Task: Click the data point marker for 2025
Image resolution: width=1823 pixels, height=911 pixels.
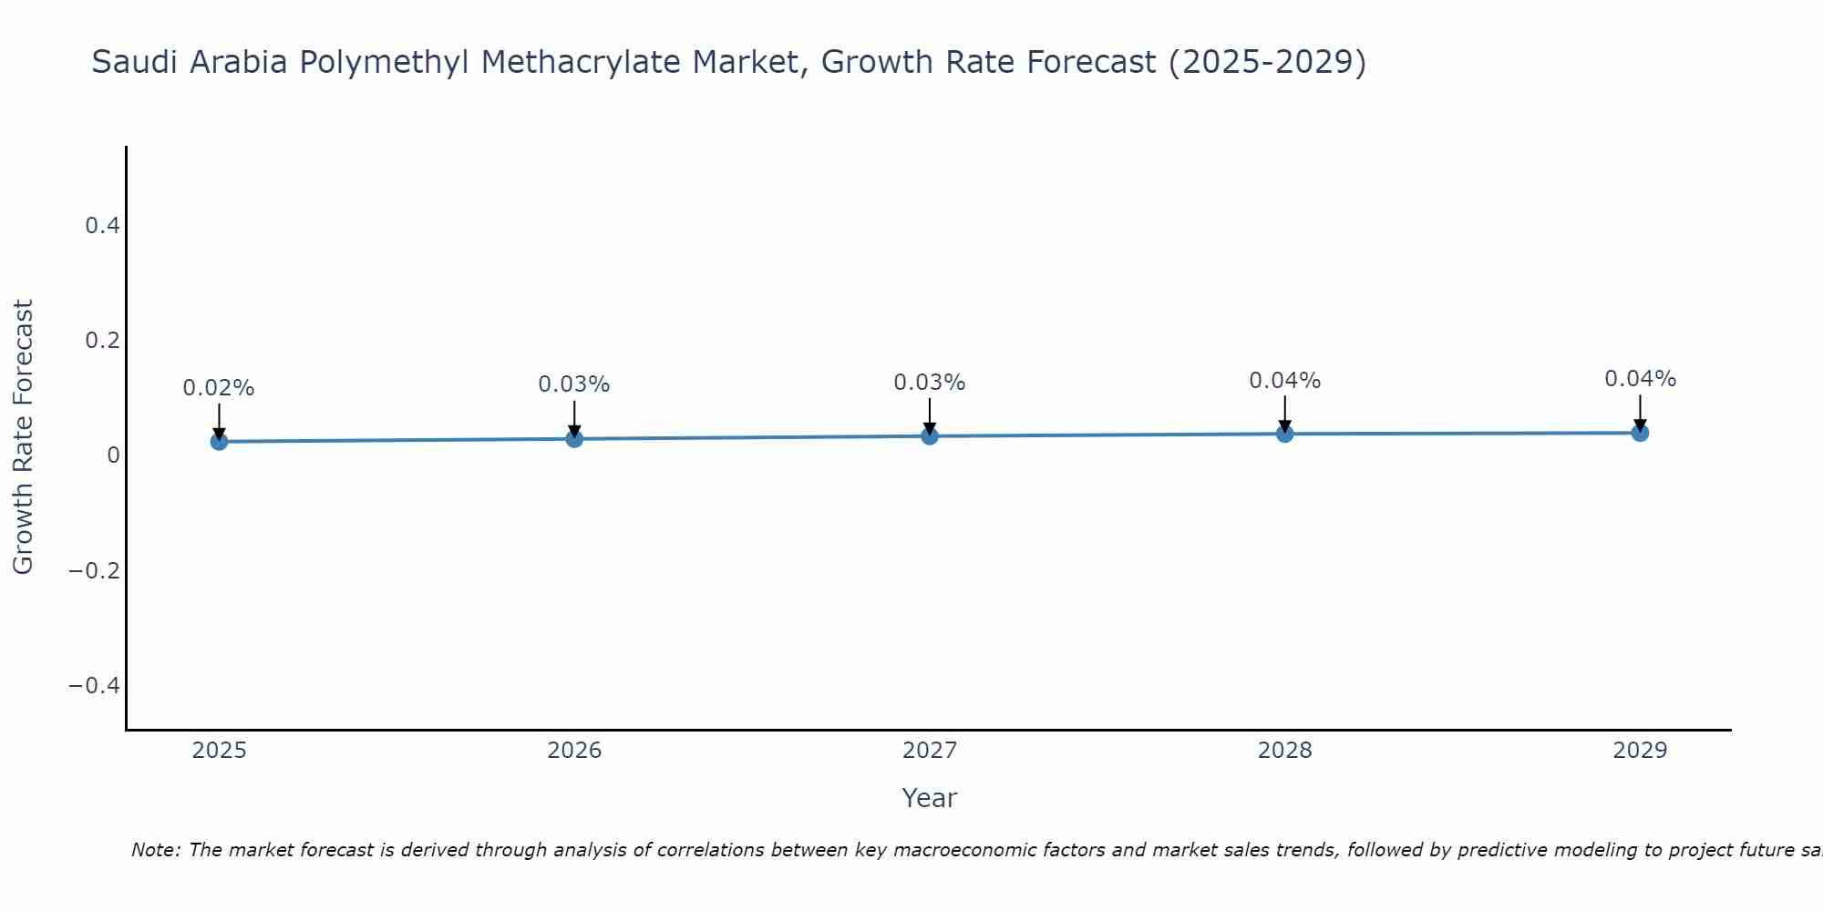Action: (219, 442)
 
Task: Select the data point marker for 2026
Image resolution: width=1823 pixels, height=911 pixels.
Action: (574, 439)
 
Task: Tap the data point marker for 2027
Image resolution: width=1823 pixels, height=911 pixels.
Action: (930, 436)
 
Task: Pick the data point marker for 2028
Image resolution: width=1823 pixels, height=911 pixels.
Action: (1284, 434)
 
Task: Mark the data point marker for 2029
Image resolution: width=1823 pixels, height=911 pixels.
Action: (1640, 433)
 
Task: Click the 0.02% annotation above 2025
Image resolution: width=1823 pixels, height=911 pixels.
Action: (219, 388)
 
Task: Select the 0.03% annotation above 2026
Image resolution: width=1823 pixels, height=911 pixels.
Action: (574, 384)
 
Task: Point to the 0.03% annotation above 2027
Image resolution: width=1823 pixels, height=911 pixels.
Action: (930, 383)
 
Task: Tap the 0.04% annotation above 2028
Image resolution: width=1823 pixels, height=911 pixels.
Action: (1284, 381)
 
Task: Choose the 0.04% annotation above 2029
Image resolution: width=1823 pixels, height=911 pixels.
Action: (1640, 379)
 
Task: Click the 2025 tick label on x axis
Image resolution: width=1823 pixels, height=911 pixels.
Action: (219, 751)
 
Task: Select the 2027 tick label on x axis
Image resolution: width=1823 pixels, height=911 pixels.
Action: (930, 751)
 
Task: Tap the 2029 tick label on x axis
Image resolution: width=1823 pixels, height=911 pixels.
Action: (1640, 751)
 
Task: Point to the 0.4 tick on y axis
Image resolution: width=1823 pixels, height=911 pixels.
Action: (103, 226)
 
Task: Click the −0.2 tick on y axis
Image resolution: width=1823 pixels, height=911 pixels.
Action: (95, 571)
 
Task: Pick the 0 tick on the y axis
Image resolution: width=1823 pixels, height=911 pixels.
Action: (113, 455)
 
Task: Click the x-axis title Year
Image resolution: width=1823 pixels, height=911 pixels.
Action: (929, 799)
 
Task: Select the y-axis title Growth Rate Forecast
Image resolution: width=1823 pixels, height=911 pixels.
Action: (23, 437)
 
